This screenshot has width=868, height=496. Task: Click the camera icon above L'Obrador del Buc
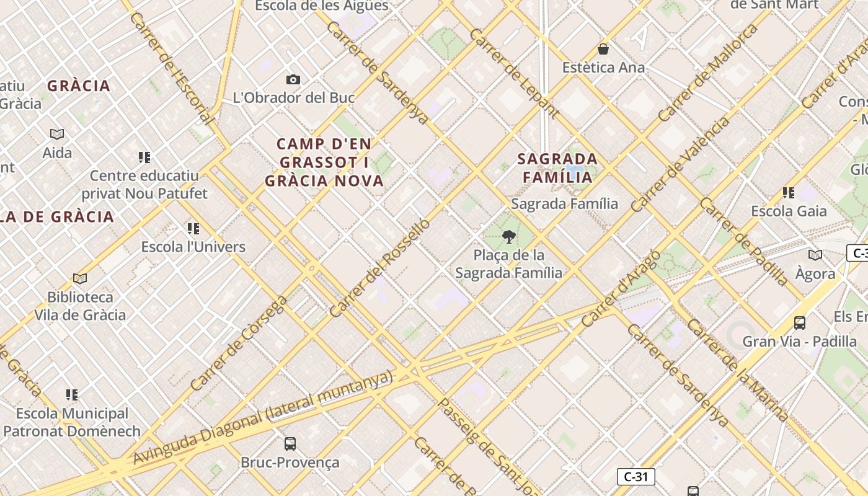pyautogui.click(x=293, y=79)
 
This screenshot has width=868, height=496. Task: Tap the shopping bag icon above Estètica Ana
pyautogui.click(x=603, y=49)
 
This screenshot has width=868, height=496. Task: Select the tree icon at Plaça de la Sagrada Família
pyautogui.click(x=509, y=236)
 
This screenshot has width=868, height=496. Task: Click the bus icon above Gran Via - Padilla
pyautogui.click(x=800, y=322)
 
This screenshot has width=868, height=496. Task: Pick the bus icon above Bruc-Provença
pyautogui.click(x=290, y=443)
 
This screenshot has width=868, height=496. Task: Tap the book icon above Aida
pyautogui.click(x=57, y=134)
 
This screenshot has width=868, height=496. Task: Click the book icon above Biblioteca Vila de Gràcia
pyautogui.click(x=79, y=278)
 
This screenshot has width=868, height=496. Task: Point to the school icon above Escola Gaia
pyautogui.click(x=789, y=193)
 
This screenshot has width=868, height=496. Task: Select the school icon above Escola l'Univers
pyautogui.click(x=193, y=229)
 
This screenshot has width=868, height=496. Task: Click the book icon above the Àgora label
pyautogui.click(x=815, y=255)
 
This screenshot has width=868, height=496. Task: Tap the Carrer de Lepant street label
pyautogui.click(x=514, y=73)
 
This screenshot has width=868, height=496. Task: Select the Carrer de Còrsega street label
pyautogui.click(x=239, y=343)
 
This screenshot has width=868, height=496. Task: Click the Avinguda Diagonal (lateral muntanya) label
pyautogui.click(x=263, y=418)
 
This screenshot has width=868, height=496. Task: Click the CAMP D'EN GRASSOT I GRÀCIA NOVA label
pyautogui.click(x=324, y=162)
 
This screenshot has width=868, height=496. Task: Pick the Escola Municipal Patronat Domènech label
pyautogui.click(x=72, y=422)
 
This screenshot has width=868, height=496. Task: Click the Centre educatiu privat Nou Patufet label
pyautogui.click(x=144, y=185)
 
